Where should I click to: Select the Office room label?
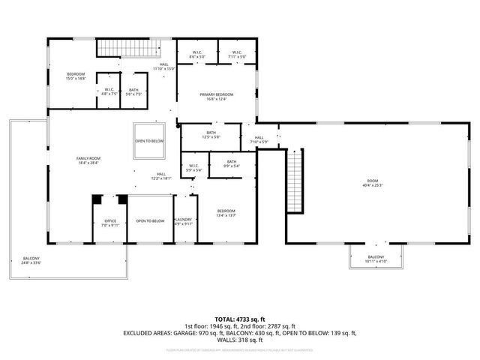click(x=109, y=222)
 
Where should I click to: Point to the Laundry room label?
click(x=184, y=222)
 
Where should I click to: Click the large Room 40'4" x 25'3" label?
click(x=373, y=183)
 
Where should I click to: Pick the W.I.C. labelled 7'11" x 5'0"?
click(x=237, y=55)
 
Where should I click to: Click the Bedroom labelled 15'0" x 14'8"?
click(x=76, y=76)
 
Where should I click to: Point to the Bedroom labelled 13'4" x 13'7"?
click(x=226, y=213)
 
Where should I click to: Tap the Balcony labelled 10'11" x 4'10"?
click(x=376, y=259)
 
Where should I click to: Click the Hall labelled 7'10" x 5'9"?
click(x=259, y=139)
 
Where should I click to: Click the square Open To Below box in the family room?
click(x=150, y=141)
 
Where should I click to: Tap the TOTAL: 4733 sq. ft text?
click(x=240, y=319)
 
